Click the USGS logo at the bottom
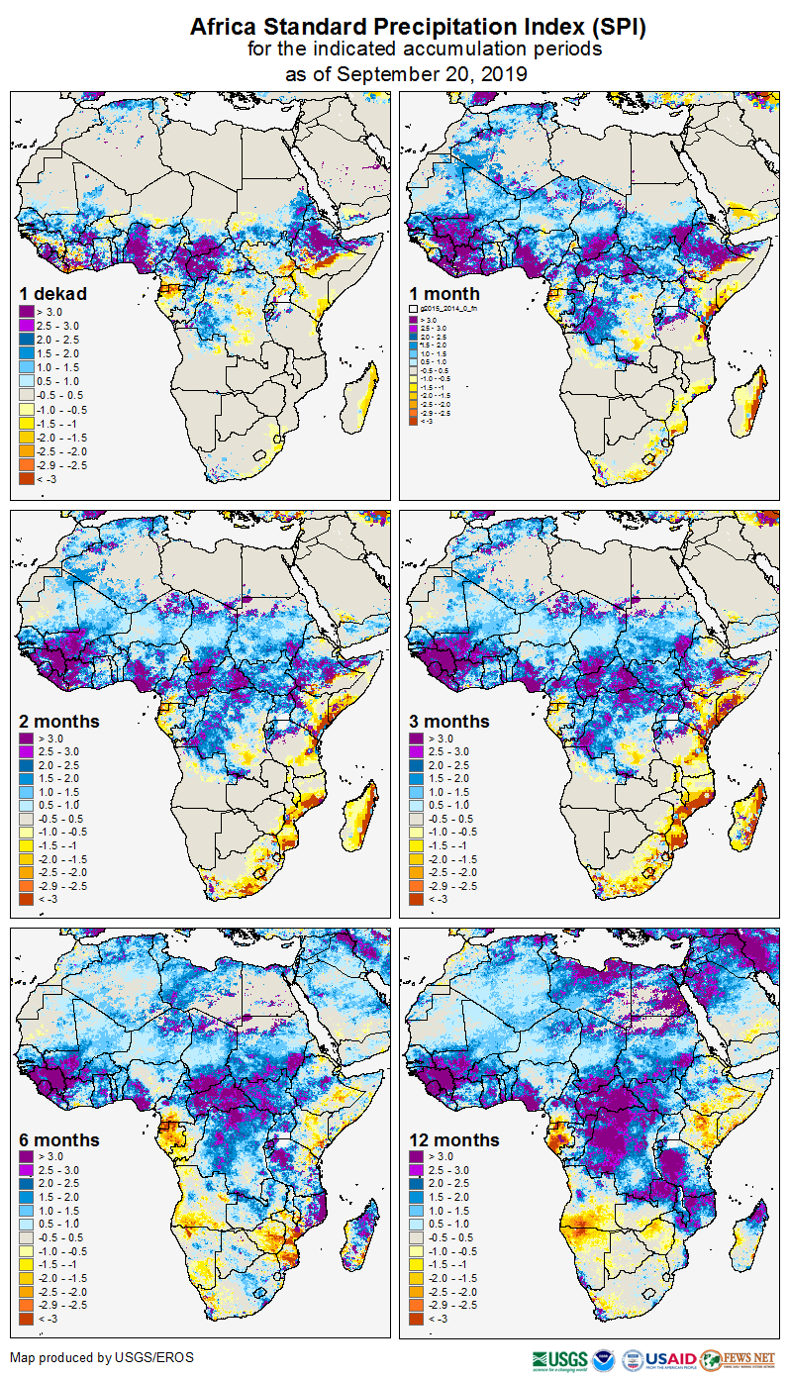pos(559,1359)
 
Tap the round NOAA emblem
pos(604,1359)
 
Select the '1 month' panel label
pos(444,294)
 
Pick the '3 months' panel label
pos(449,722)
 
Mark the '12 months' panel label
pos(454,1140)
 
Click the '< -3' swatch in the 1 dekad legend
pos(26,478)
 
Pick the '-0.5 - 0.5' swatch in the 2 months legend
pos(26,819)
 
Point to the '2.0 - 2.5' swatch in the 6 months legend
pos(26,1184)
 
